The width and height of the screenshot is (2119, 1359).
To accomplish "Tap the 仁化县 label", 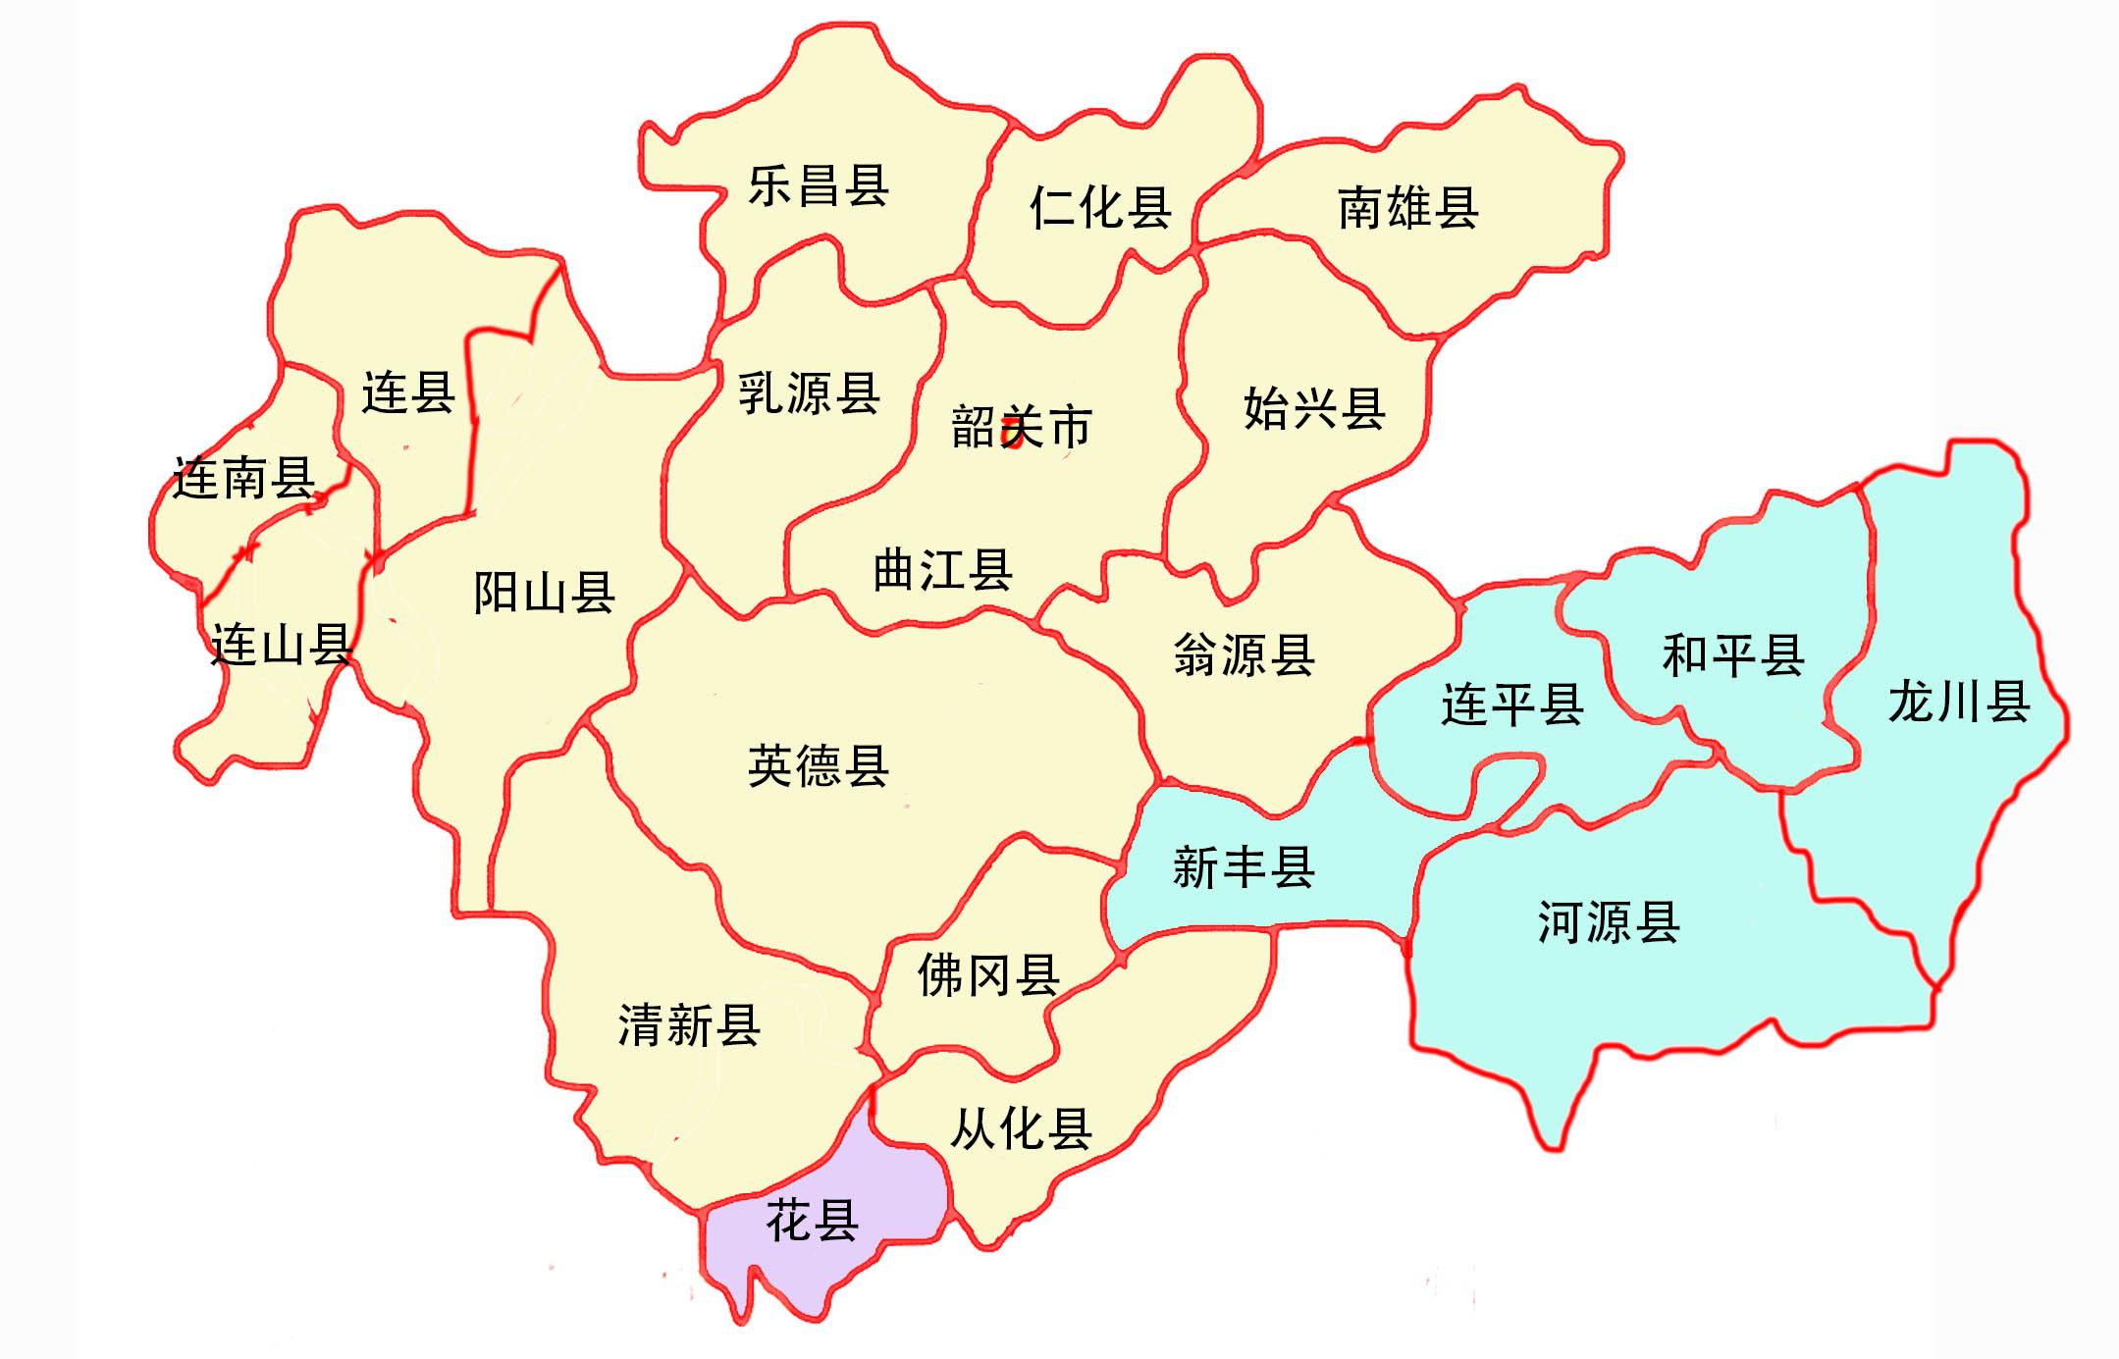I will (1099, 208).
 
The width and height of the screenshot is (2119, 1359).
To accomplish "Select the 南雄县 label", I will (1407, 208).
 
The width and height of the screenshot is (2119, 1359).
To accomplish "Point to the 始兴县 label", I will (1313, 408).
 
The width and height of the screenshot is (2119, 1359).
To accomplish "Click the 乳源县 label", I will (809, 393).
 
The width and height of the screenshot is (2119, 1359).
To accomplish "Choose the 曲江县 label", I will (942, 570).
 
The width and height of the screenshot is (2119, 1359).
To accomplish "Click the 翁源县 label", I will (1244, 654).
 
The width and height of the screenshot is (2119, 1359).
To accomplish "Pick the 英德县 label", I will (818, 766).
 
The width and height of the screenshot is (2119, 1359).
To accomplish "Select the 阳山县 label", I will (544, 593).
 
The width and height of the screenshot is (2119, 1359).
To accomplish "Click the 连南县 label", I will (243, 478).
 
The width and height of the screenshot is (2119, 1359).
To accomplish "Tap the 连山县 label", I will (282, 646).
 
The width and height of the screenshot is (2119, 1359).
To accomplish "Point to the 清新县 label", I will (689, 1025).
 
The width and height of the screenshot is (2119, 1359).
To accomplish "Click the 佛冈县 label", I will (987, 975).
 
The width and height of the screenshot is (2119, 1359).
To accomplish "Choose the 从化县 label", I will (1021, 1128).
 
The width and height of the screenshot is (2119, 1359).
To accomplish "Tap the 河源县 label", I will (1608, 922).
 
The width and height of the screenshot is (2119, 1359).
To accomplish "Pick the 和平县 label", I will (1732, 654).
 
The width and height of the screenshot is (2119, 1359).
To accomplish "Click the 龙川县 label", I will (1958, 702).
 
